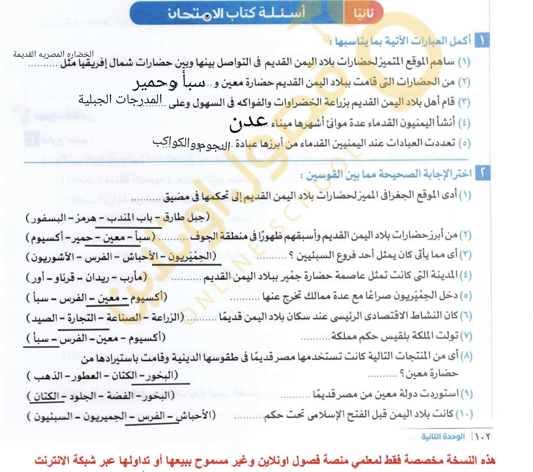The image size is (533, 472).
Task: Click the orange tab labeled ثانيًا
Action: pos(364,14)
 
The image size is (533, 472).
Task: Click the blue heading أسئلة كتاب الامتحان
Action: pos(236,13)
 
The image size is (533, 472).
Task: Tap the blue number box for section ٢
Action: pos(482,174)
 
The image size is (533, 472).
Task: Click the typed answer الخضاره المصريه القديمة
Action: pos(53,54)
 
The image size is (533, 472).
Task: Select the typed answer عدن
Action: pos(248,123)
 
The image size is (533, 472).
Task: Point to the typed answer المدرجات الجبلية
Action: pos(120,100)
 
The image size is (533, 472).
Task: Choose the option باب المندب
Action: pos(129,217)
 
